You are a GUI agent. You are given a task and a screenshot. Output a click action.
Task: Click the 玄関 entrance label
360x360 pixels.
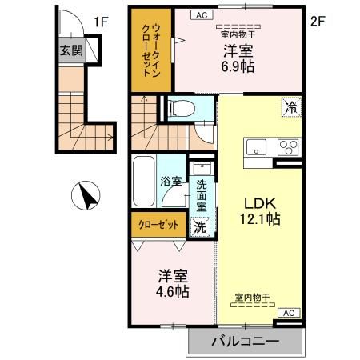coord(70,50)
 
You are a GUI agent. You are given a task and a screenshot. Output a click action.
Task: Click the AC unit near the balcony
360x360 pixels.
coord(290,313)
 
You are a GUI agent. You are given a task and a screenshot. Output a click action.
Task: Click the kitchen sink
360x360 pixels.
coord(258,147)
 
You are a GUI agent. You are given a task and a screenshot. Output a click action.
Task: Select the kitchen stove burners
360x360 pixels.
coord(287,147)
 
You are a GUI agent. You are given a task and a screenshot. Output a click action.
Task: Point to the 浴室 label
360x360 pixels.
coord(170,181)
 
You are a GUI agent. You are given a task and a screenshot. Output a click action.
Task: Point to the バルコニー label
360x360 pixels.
coord(245,342)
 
